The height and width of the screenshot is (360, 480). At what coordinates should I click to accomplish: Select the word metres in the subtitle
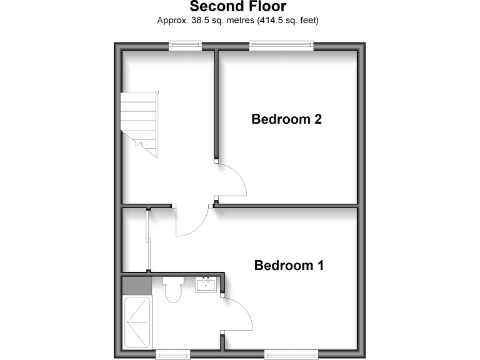pyautogui.click(x=236, y=21)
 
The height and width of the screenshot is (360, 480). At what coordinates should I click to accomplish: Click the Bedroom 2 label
pyautogui.click(x=286, y=119)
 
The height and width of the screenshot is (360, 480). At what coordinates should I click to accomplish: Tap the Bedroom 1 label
pyautogui.click(x=289, y=265)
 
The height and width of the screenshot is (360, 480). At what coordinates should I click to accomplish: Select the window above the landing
pyautogui.click(x=186, y=44)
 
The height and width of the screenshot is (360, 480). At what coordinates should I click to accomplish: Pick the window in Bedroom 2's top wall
pyautogui.click(x=281, y=44)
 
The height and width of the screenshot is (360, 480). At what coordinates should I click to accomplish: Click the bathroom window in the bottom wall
pyautogui.click(x=172, y=354)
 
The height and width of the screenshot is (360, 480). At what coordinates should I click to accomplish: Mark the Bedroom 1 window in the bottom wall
pyautogui.click(x=291, y=354)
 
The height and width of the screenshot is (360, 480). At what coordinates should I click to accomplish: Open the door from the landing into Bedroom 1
pyautogui.click(x=193, y=221)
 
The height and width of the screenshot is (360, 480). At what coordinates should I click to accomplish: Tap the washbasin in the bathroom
pyautogui.click(x=206, y=285)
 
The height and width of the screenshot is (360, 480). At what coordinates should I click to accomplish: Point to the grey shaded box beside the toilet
pyautogui.click(x=137, y=286)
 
